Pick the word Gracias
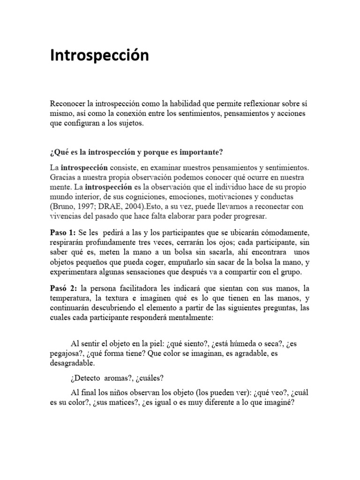pyautogui.click(x=63, y=178)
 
